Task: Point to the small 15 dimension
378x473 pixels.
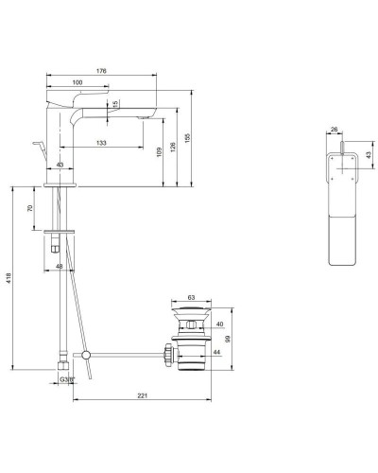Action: (x=114, y=105)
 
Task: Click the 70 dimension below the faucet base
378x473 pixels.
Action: (x=31, y=208)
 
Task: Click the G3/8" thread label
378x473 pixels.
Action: (x=67, y=378)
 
